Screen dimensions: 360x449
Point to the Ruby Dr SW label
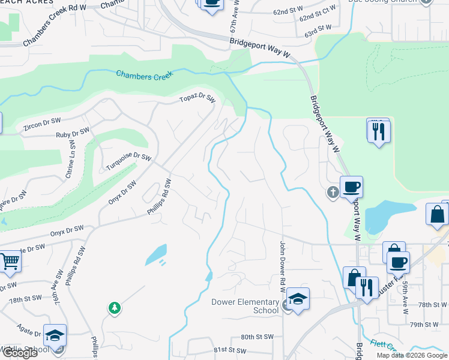[72, 133]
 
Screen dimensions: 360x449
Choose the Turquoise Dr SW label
[128, 160]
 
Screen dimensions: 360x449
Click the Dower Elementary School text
[245, 306]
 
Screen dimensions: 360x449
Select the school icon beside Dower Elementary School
[298, 299]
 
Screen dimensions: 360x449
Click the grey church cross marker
[333, 193]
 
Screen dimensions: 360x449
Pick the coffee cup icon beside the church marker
[351, 187]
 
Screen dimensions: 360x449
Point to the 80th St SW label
[257, 337]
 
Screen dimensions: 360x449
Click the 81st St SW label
[229, 350]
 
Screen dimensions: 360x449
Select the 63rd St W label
[318, 28]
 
